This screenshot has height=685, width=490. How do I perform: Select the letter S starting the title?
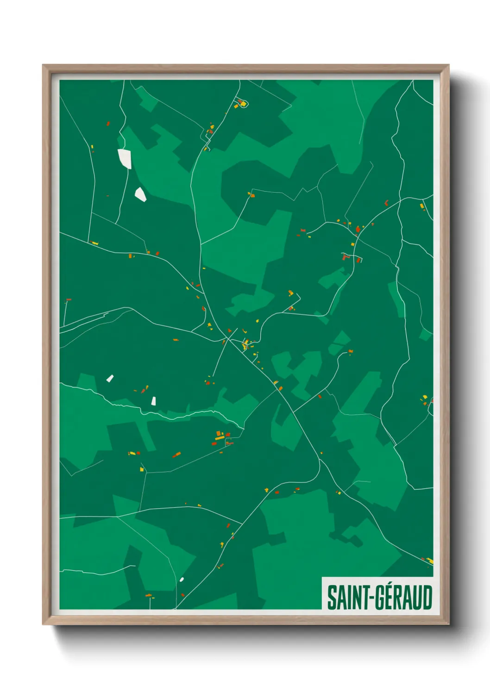tap(331, 598)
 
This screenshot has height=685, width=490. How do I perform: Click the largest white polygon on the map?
tap(125, 158)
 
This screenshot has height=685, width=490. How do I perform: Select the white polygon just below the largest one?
tap(140, 194)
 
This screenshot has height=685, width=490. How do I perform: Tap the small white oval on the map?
tap(182, 579)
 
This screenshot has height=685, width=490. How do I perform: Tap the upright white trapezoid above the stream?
tap(154, 401)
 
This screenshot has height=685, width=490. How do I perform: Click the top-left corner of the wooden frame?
tap(44, 66)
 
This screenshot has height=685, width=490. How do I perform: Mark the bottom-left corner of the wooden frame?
tap(44, 623)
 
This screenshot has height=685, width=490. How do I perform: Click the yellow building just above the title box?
tap(430, 561)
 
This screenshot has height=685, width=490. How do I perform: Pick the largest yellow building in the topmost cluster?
tap(243, 104)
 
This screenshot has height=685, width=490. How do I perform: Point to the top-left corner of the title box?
tap(322, 578)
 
